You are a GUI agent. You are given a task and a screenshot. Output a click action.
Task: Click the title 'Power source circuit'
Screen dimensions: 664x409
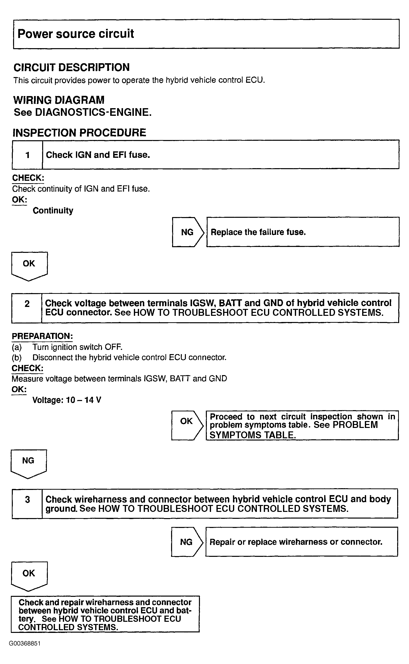pos(76,34)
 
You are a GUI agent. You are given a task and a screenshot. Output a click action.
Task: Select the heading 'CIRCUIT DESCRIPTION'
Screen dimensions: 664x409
pos(72,67)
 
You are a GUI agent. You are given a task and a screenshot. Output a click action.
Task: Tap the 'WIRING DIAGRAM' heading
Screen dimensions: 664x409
pos(59,100)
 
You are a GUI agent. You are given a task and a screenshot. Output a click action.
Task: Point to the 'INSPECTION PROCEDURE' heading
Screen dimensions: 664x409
pos(80,133)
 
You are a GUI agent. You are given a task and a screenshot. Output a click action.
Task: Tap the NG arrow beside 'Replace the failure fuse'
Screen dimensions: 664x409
pos(187,232)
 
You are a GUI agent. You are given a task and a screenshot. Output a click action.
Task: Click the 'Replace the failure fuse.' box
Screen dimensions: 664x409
pos(302,232)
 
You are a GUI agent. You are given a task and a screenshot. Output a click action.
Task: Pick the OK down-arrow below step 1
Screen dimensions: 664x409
pos(29,265)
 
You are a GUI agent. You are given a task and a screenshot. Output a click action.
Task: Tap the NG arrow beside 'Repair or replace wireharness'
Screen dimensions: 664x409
pos(186,542)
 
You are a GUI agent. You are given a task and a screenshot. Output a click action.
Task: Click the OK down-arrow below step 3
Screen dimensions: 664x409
pos(29,574)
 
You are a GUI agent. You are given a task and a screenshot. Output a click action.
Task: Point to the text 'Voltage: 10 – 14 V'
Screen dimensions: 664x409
pos(67,400)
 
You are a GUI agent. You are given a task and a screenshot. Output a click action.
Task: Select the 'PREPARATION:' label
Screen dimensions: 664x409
pos(42,336)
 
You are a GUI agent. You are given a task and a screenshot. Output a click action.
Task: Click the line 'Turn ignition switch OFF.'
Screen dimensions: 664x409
pos(77,347)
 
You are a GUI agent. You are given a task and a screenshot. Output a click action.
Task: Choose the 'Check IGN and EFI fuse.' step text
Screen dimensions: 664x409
pos(98,155)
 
